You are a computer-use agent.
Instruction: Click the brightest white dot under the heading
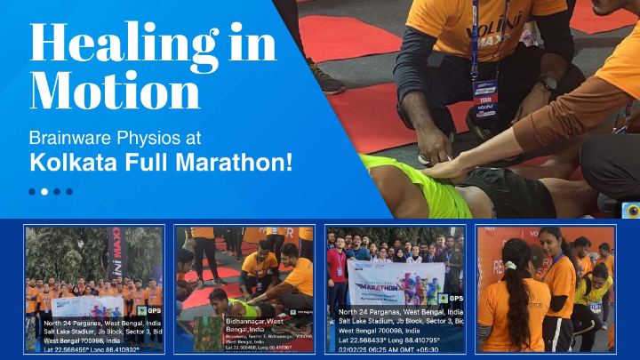coord(33,191)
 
